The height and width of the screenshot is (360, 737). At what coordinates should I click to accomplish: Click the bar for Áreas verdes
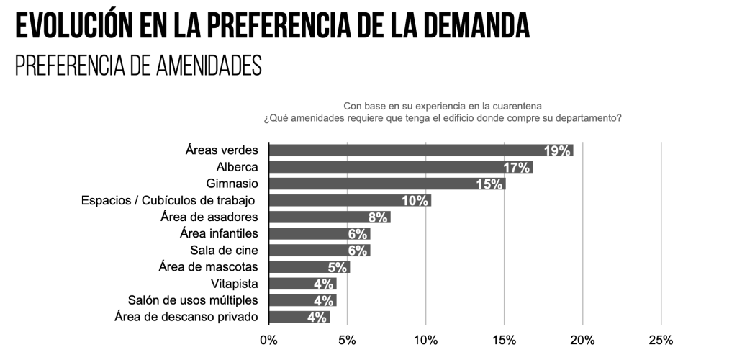421,150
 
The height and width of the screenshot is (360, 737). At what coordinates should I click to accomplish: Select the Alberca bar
400,167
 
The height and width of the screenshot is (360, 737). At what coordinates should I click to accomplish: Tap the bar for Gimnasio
386,184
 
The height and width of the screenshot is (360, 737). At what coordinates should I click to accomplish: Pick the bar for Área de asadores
329,217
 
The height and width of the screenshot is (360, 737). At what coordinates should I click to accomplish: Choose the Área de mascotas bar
309,267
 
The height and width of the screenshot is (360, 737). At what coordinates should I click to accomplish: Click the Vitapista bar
302,284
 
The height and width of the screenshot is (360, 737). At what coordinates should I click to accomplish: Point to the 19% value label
558,150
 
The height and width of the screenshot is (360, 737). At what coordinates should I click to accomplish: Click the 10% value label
415,201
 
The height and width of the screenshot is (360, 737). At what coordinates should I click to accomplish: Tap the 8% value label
378,217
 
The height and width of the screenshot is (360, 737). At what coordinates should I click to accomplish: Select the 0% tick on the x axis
268,340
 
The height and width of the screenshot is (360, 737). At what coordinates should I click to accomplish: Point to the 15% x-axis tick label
504,340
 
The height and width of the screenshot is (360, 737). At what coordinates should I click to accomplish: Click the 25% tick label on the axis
661,340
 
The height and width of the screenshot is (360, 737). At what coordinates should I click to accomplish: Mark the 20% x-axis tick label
582,340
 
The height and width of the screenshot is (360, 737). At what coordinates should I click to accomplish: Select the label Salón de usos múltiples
192,300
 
